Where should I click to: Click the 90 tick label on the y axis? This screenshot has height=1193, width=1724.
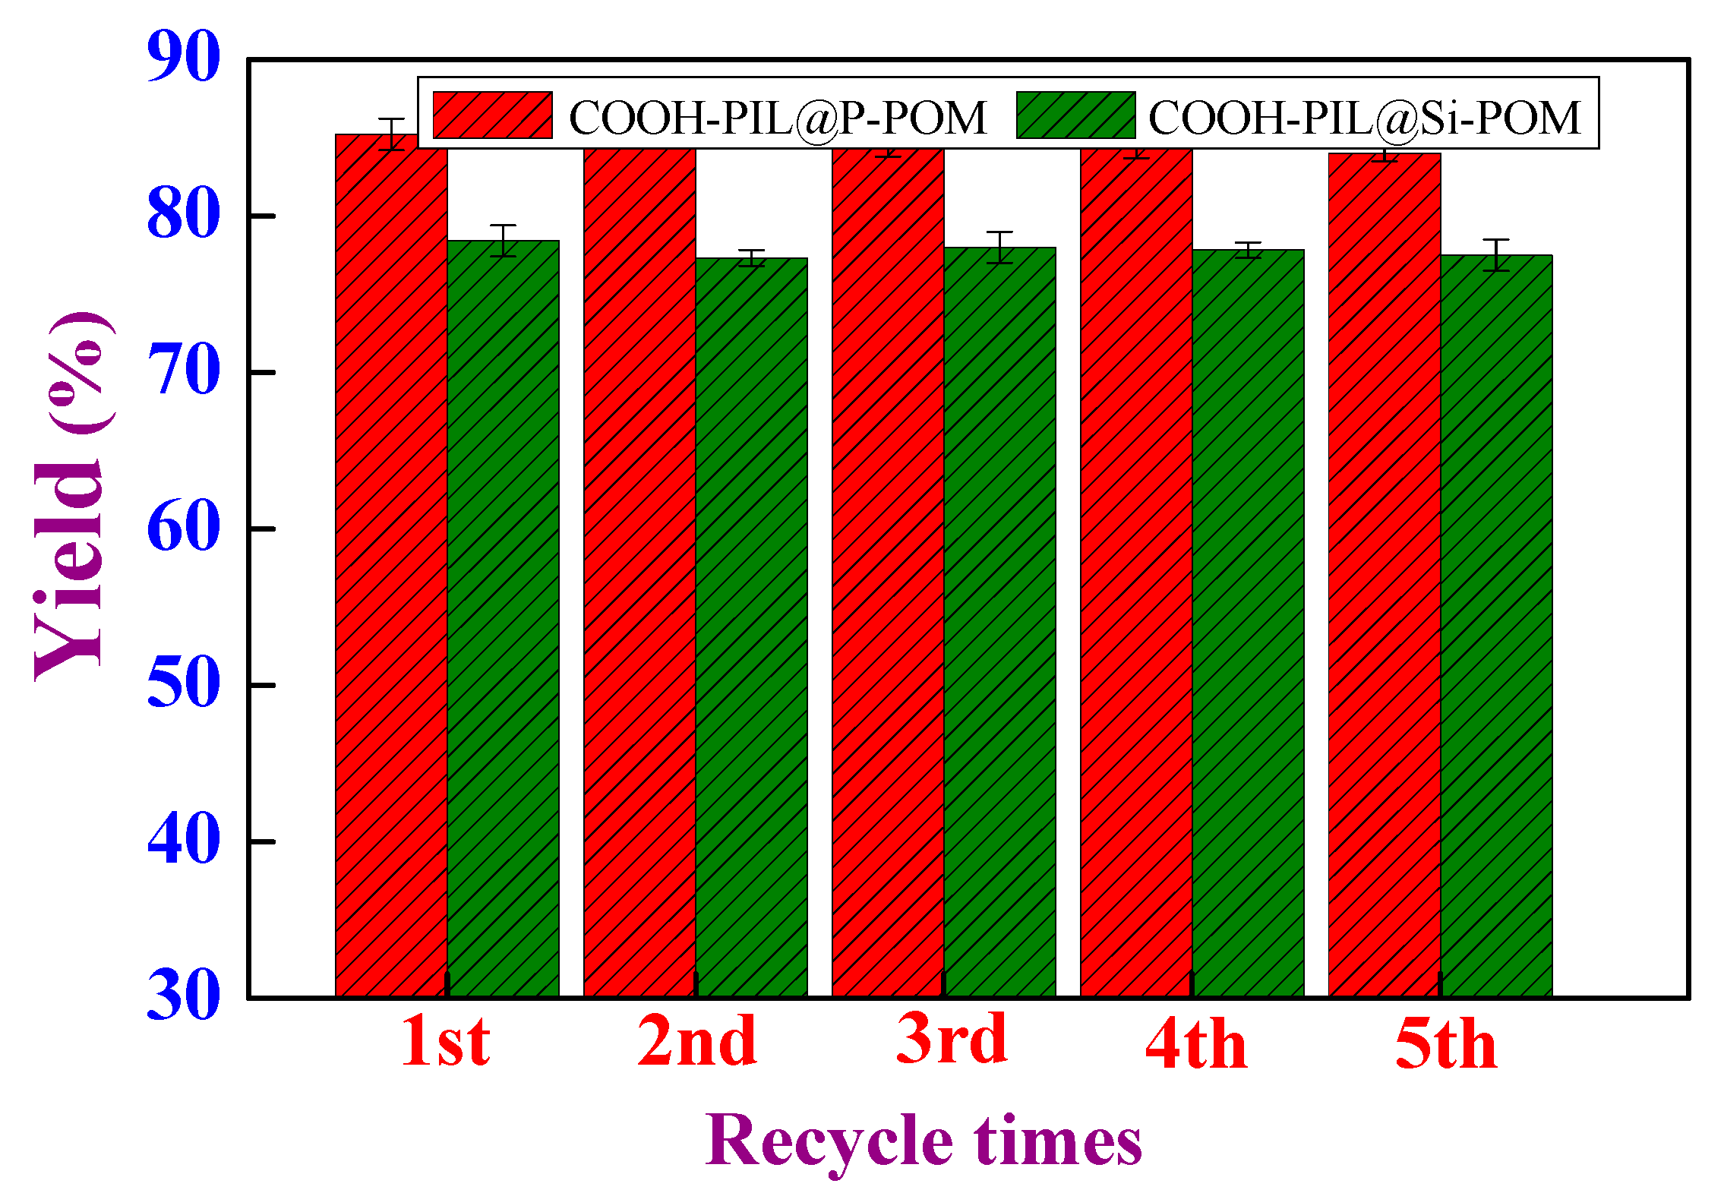point(184,57)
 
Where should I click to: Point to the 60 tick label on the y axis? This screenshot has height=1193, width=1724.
point(184,527)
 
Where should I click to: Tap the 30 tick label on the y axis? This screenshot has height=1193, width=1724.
point(184,996)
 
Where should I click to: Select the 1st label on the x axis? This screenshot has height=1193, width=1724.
point(446,1042)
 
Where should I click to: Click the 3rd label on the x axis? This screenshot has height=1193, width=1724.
point(952,1040)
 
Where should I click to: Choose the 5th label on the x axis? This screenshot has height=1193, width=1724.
point(1446,1044)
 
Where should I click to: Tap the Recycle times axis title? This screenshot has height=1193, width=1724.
point(924,1141)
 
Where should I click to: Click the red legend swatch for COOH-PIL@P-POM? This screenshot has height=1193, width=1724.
point(492,115)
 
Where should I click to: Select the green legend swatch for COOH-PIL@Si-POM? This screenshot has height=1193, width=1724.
point(1075,115)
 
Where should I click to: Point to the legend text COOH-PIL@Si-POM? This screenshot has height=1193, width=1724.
point(1364,118)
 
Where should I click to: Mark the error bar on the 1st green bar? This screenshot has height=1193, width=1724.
point(503,241)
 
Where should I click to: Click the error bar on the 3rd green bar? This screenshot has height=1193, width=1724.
point(999,248)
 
